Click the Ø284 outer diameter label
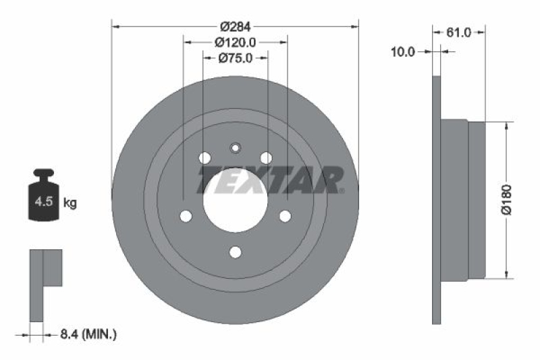tap(235, 26)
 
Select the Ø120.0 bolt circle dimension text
tap(236, 42)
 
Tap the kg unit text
tap(70, 202)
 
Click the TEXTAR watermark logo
tap(270, 180)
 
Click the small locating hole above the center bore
tap(235, 149)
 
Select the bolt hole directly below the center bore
tap(235, 252)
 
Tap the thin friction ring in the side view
tap(436, 200)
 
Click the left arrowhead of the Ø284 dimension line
tap(115, 26)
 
